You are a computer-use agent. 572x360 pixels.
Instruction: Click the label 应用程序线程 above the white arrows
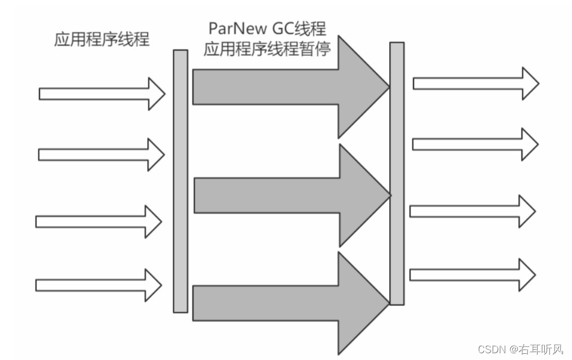102,40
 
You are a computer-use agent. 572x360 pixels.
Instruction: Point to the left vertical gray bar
180,181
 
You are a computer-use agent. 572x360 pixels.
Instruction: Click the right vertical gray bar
397,174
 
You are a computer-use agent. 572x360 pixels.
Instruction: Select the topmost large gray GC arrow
282,87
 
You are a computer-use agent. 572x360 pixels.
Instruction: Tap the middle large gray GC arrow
282,196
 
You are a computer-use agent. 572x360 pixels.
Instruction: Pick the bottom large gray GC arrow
282,304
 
